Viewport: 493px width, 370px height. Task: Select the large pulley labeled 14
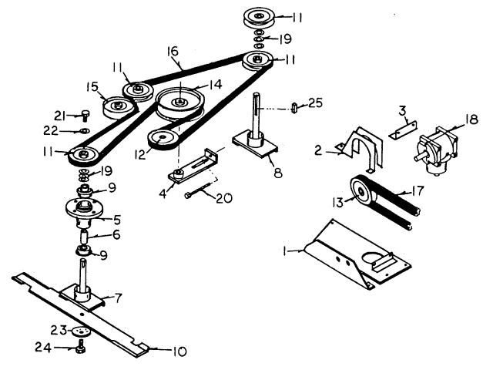179,101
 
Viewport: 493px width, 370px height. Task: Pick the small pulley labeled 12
163,140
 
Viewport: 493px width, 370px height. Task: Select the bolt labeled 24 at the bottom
80,348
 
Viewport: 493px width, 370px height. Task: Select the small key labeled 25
294,106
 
